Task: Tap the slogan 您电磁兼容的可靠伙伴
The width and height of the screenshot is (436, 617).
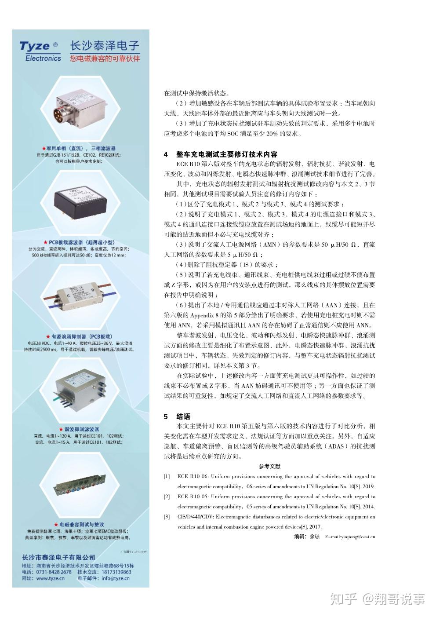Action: [105, 58]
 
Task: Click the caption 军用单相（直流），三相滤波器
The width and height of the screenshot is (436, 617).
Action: [79, 149]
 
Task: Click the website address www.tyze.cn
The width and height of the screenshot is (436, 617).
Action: [50, 579]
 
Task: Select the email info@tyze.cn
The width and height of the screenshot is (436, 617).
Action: [115, 579]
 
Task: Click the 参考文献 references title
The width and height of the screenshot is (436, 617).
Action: [269, 467]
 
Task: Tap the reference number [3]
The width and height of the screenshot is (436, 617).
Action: [167, 517]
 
